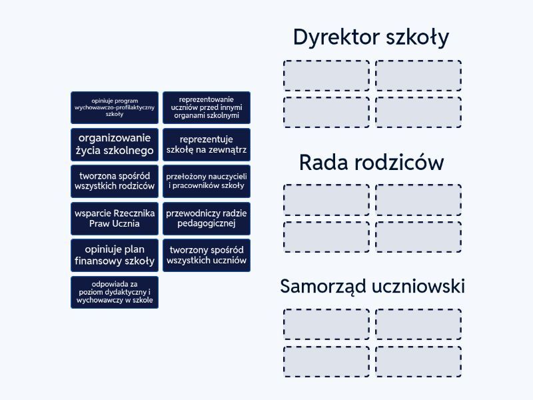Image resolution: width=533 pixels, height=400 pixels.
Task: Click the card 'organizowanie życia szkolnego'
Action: pos(115,145)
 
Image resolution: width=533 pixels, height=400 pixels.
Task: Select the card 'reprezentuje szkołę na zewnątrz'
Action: pos(207,145)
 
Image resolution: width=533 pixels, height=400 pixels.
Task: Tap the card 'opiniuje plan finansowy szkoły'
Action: pos(115,255)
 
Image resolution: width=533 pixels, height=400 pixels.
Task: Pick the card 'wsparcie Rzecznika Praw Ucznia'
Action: pos(115,218)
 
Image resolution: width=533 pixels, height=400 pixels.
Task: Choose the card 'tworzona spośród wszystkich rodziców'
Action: pos(115,181)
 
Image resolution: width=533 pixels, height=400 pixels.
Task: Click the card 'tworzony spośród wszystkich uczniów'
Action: pos(207,255)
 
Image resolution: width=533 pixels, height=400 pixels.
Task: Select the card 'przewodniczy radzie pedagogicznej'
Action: pos(207,218)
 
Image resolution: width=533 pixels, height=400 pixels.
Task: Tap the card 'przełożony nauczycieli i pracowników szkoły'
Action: pos(207,181)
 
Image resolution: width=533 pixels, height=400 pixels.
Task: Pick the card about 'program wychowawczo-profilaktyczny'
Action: pos(115,107)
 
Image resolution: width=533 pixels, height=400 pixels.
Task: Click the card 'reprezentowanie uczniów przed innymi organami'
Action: pos(207,107)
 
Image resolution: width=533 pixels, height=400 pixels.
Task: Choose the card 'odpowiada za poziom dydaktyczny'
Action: pos(115,292)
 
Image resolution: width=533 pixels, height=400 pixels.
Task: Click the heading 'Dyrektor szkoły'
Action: pos(371,37)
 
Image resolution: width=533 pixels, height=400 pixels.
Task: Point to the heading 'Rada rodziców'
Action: pos(371,162)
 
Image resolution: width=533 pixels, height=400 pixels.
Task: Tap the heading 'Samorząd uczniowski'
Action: pos(372,287)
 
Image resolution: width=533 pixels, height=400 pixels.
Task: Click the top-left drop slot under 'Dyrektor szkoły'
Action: pos(326,75)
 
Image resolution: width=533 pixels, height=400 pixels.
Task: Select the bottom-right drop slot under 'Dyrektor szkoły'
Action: pos(418,112)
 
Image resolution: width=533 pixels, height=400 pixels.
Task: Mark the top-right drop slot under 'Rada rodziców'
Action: pos(418,200)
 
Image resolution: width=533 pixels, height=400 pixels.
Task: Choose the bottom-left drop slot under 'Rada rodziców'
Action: pos(326,237)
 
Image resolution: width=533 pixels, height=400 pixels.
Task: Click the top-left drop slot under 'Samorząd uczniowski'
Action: pos(326,324)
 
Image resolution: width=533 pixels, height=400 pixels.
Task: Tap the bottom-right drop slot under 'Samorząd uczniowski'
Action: pos(418,361)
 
